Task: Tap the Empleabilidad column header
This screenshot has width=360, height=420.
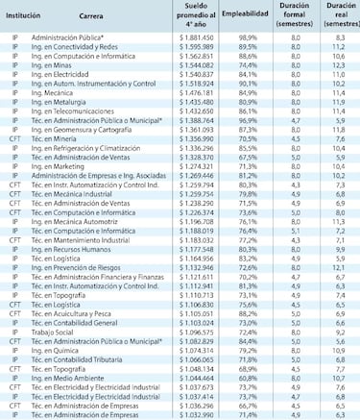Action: tap(243, 16)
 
